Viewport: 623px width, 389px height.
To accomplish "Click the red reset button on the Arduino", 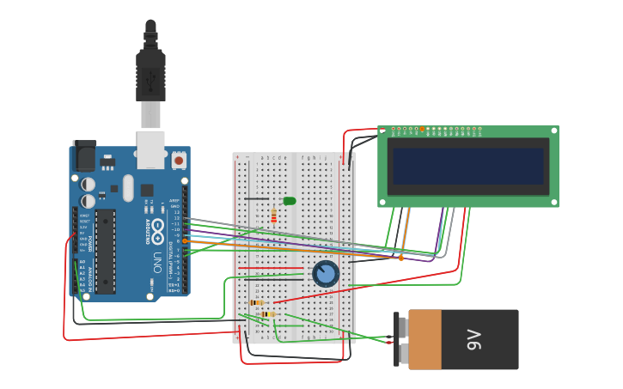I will point(179,160).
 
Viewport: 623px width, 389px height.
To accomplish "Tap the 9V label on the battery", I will point(473,340).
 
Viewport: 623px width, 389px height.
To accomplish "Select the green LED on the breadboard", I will point(290,201).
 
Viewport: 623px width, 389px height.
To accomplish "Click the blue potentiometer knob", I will point(326,274).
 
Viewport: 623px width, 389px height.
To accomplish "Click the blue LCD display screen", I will point(468,166).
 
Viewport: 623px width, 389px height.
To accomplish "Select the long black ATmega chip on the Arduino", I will point(105,251).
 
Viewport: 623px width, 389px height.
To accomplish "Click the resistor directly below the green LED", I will point(274,216).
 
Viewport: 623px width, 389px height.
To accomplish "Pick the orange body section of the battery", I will point(424,340).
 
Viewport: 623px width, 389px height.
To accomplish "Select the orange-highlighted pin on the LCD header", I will point(422,130).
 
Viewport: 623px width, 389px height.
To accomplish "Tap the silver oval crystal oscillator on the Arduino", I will point(128,187).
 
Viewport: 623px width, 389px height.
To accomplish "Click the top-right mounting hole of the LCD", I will point(554,131).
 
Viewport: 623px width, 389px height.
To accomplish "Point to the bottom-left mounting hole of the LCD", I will point(382,203).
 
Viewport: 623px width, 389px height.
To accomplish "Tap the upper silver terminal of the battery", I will point(402,326).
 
